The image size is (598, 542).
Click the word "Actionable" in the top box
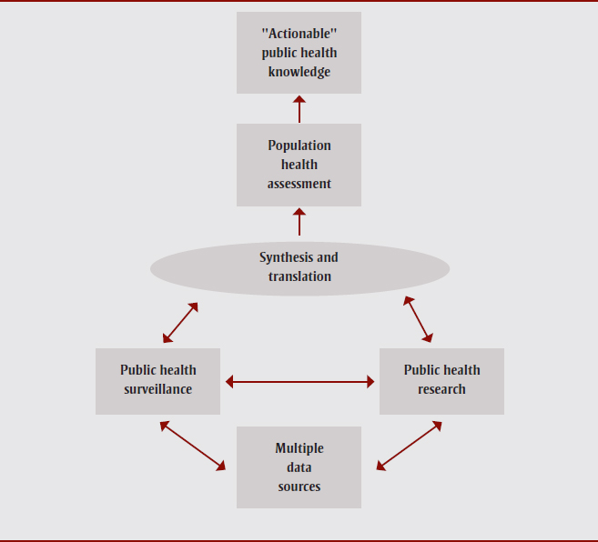[x=299, y=33]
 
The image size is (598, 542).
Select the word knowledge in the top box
[x=299, y=72]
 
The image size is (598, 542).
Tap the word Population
[x=299, y=146]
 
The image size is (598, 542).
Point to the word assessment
[x=299, y=184]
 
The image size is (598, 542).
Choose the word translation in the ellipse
[x=299, y=276]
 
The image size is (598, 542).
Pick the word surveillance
[x=157, y=389]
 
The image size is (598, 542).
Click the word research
[x=441, y=389]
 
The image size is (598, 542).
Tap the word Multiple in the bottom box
[x=299, y=448]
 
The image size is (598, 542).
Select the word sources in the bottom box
[x=299, y=487]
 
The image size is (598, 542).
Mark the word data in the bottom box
[x=299, y=467]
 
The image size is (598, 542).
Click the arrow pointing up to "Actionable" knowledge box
[x=299, y=108]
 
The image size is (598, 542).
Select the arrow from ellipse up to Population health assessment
[x=299, y=223]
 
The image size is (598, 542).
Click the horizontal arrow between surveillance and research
[x=299, y=382]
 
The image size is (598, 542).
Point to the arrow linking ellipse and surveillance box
[x=180, y=323]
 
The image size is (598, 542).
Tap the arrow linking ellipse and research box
[x=418, y=319]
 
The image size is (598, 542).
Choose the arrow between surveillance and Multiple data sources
[x=192, y=446]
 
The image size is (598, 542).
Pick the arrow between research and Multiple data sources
[x=409, y=446]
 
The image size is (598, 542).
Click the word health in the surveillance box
[x=177, y=370]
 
